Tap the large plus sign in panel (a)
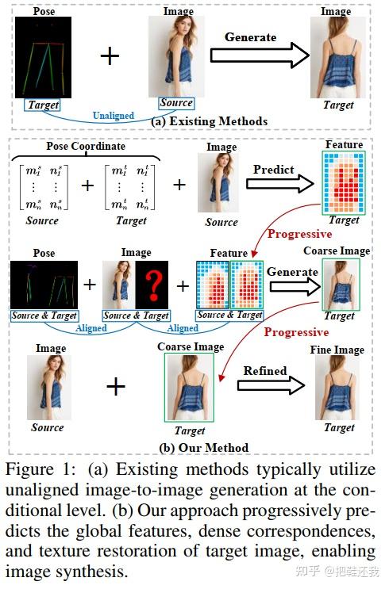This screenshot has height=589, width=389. pos(109,55)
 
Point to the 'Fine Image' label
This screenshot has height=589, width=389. pos(337,350)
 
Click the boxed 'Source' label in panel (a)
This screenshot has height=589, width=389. pos(176,102)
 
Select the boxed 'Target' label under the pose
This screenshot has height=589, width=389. pos(43,105)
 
